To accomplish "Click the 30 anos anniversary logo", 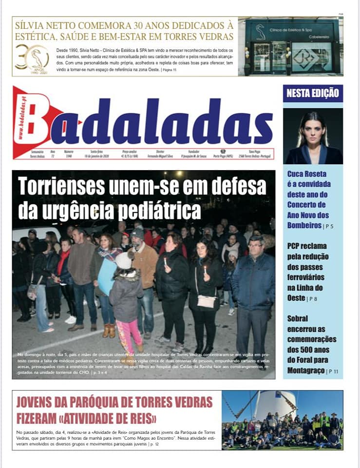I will (x=32, y=58).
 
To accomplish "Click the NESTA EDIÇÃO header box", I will (x=313, y=93).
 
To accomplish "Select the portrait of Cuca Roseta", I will (x=313, y=136).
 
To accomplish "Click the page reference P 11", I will (x=333, y=371).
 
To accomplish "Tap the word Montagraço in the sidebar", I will (x=305, y=370).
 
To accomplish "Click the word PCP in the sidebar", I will (x=294, y=246).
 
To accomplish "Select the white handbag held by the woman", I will (x=206, y=302).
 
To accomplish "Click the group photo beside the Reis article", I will (x=282, y=420).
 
